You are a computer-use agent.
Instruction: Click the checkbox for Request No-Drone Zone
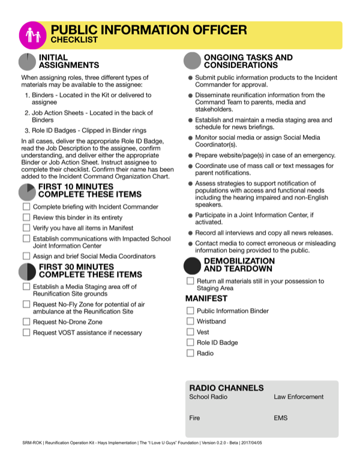(x=26, y=322)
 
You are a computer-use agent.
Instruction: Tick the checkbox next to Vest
(x=190, y=332)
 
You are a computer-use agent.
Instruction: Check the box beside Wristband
(x=190, y=321)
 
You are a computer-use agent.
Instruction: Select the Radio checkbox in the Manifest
(x=190, y=353)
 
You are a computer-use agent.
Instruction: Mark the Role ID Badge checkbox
(x=190, y=342)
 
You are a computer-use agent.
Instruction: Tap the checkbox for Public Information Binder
(x=190, y=311)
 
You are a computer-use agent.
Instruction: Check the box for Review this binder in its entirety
(x=26, y=217)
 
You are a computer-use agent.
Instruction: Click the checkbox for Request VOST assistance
(x=26, y=332)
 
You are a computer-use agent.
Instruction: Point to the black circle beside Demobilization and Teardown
(x=192, y=265)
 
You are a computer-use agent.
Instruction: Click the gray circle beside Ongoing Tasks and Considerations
(x=192, y=61)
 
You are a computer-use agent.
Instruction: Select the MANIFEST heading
(x=206, y=298)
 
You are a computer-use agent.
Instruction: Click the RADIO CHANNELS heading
(x=226, y=388)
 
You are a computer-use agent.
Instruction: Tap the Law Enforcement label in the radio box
(x=298, y=397)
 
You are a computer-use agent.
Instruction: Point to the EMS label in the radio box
(x=281, y=417)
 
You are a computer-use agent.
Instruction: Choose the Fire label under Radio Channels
(x=194, y=417)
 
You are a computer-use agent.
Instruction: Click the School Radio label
(x=208, y=397)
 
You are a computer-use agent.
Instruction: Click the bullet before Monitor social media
(x=190, y=138)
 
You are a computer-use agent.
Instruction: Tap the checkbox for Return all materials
(x=190, y=281)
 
